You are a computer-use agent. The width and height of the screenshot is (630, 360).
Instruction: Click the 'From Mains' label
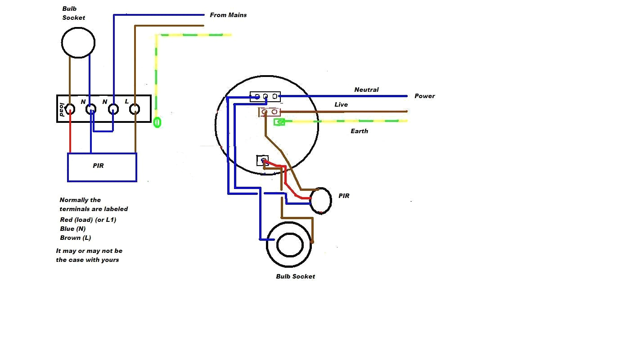coord(228,15)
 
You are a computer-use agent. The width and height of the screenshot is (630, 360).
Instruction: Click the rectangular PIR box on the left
coord(102,167)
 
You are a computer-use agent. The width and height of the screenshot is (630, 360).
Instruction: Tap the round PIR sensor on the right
coord(321,201)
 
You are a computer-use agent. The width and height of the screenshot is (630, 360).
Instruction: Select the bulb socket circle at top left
coord(78,43)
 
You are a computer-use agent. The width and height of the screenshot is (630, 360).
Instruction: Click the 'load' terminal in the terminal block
coord(70,109)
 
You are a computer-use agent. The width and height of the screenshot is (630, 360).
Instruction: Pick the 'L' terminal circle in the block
coord(135,109)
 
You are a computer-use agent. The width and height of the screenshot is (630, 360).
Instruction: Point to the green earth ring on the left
coord(157,122)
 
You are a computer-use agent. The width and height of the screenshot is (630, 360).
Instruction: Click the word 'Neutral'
coord(366,90)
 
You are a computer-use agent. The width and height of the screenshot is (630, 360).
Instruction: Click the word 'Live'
coord(341,104)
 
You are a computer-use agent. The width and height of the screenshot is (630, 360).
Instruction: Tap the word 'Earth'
coord(359,131)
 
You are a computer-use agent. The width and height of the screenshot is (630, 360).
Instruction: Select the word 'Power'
coord(424,96)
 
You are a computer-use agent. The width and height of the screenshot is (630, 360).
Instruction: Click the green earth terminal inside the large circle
coord(280,121)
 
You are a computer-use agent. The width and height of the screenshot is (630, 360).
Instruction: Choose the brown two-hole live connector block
coord(269,112)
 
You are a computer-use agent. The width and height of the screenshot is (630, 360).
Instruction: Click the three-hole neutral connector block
coord(265,97)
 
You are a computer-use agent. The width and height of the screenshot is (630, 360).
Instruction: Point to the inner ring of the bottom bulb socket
coord(289,245)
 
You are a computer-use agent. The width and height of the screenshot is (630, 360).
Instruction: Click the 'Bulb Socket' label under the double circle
coord(295,276)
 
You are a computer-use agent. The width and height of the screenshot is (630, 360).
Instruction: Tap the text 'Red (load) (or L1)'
coord(88,220)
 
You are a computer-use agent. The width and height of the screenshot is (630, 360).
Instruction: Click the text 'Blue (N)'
coord(73,229)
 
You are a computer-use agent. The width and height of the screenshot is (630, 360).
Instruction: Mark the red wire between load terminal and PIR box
coord(70,135)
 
